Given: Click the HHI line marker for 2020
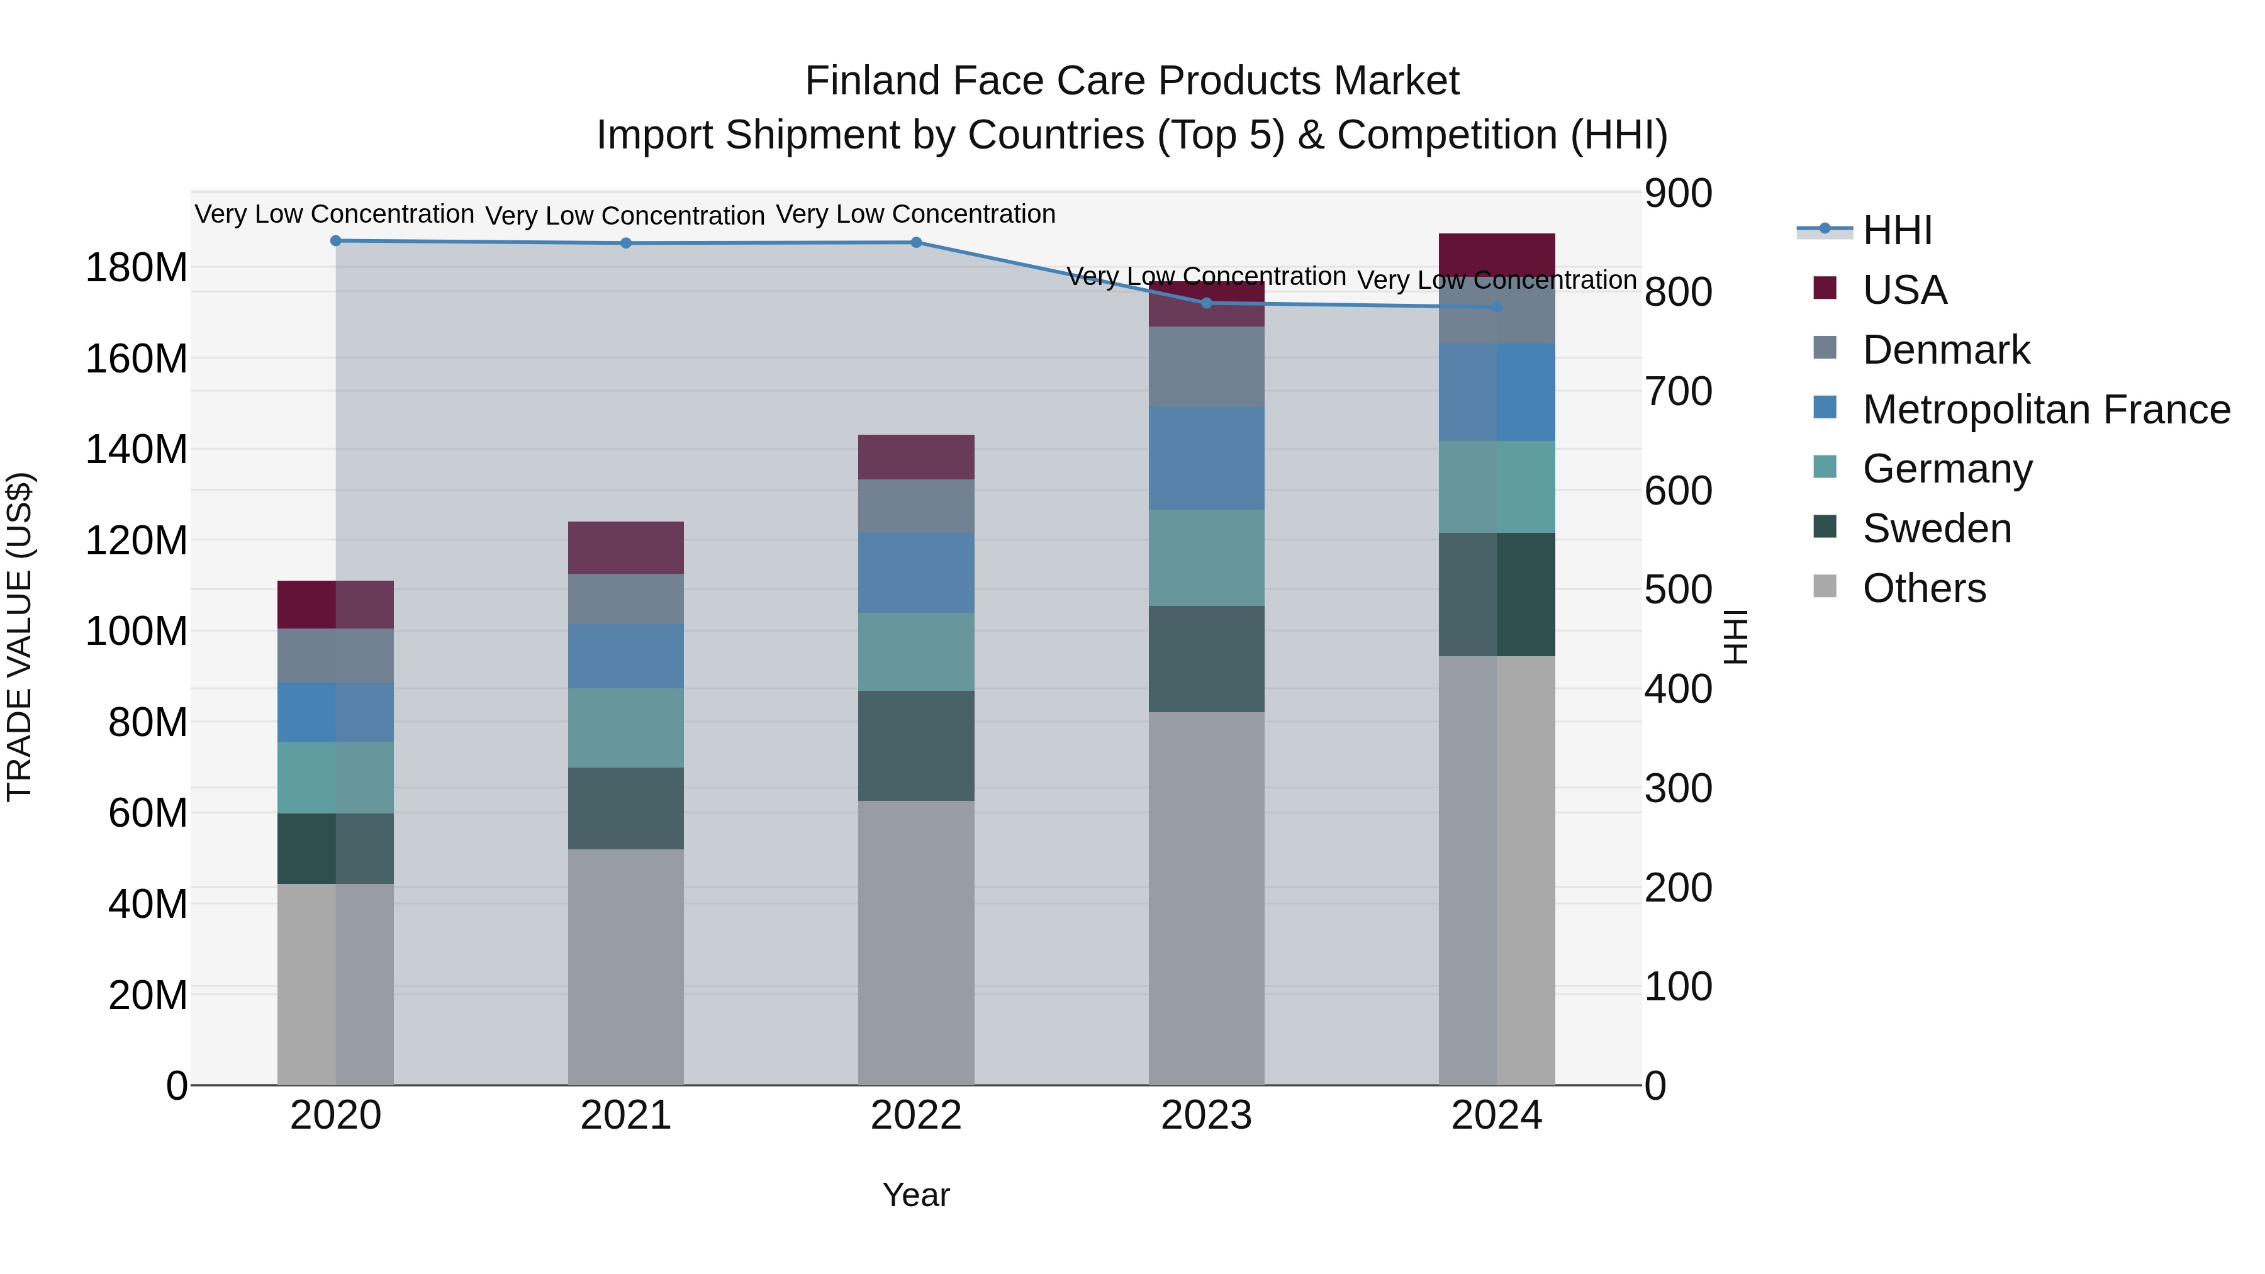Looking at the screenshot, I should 335,241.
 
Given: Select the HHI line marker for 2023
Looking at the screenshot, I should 1206,303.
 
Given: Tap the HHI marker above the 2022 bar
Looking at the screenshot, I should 916,243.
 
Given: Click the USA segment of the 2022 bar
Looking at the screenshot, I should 916,457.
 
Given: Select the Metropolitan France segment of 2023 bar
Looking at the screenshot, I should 1206,458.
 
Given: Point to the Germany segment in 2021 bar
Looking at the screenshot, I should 626,728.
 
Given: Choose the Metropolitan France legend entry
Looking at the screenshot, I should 2045,410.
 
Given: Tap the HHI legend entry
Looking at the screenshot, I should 1896,230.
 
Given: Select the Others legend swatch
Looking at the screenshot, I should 1825,586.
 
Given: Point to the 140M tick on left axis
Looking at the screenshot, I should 137,450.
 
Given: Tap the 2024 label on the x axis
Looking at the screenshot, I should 1497,1115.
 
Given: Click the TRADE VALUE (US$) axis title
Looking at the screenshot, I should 20,637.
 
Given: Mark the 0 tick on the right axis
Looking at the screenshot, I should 1656,1086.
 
